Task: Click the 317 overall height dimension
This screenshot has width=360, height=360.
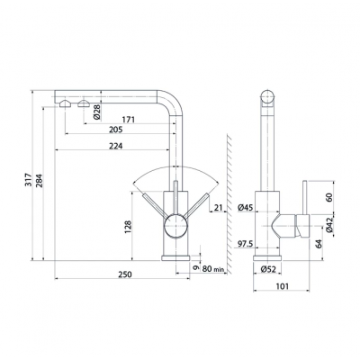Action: tap(28, 180)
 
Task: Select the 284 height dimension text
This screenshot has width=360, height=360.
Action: tap(40, 180)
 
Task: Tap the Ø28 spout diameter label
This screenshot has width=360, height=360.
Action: tap(96, 112)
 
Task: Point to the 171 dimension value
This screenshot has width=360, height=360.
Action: tap(129, 120)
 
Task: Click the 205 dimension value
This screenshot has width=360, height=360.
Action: tap(116, 130)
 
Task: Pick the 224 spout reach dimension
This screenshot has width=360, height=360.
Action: tap(116, 146)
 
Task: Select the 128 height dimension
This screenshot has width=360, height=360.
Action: tap(128, 228)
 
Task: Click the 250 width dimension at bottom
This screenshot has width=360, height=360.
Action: tap(125, 274)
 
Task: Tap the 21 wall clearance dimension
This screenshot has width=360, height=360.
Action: tap(219, 207)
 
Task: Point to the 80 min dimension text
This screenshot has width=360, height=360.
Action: tap(213, 269)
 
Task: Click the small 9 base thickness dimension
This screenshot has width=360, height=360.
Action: tap(196, 268)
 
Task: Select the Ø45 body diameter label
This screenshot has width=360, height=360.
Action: tap(246, 207)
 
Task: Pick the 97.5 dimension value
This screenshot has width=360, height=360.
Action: tap(246, 244)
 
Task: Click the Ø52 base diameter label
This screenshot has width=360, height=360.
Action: tap(267, 269)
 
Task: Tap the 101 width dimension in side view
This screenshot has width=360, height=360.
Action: tap(282, 286)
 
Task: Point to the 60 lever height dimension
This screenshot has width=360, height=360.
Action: tap(329, 197)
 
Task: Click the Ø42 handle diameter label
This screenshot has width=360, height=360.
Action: tap(329, 225)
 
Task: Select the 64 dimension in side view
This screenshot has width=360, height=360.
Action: tap(319, 244)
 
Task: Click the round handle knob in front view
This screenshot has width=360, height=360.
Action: tap(176, 227)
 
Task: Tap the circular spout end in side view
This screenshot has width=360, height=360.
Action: tap(267, 97)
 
